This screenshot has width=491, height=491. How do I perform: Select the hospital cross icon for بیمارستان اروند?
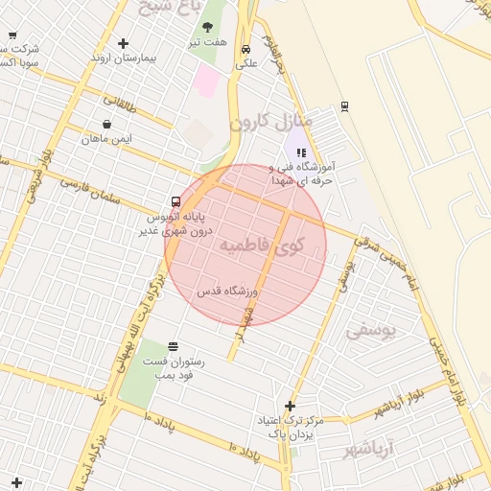pos(123,43)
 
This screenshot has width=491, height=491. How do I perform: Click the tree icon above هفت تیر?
pos(208,28)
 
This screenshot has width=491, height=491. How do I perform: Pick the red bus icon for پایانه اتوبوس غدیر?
pos(175,201)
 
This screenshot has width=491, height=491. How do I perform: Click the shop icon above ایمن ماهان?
pos(105,124)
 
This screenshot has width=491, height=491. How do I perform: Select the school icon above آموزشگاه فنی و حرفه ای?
pos(301,152)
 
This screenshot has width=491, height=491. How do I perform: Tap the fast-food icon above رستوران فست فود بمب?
pos(173,346)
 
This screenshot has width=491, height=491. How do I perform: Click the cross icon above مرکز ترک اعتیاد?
pos(290,406)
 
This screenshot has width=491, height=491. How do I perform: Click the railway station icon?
pos(344,105)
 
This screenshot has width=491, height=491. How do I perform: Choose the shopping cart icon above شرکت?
pos(12,35)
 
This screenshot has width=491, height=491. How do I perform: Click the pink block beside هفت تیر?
pos(205,80)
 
